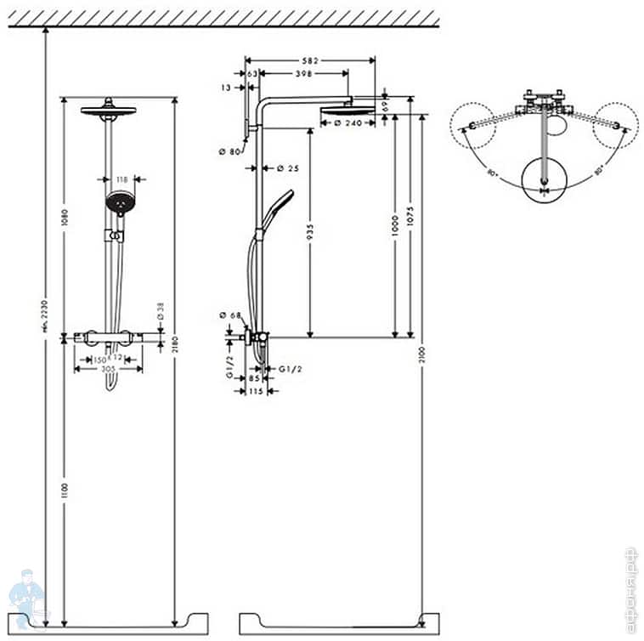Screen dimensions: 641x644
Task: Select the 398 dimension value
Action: pos(299,74)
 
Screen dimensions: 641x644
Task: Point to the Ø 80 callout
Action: pos(230,151)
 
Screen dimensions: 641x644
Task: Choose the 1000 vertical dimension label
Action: pos(394,225)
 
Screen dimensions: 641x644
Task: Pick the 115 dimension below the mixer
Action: pos(255,391)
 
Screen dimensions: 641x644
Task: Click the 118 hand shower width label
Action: pos(120,179)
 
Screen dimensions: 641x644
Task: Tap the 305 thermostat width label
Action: pos(108,369)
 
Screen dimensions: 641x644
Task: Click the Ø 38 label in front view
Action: pos(160,312)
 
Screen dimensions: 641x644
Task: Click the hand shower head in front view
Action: pos(120,202)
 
